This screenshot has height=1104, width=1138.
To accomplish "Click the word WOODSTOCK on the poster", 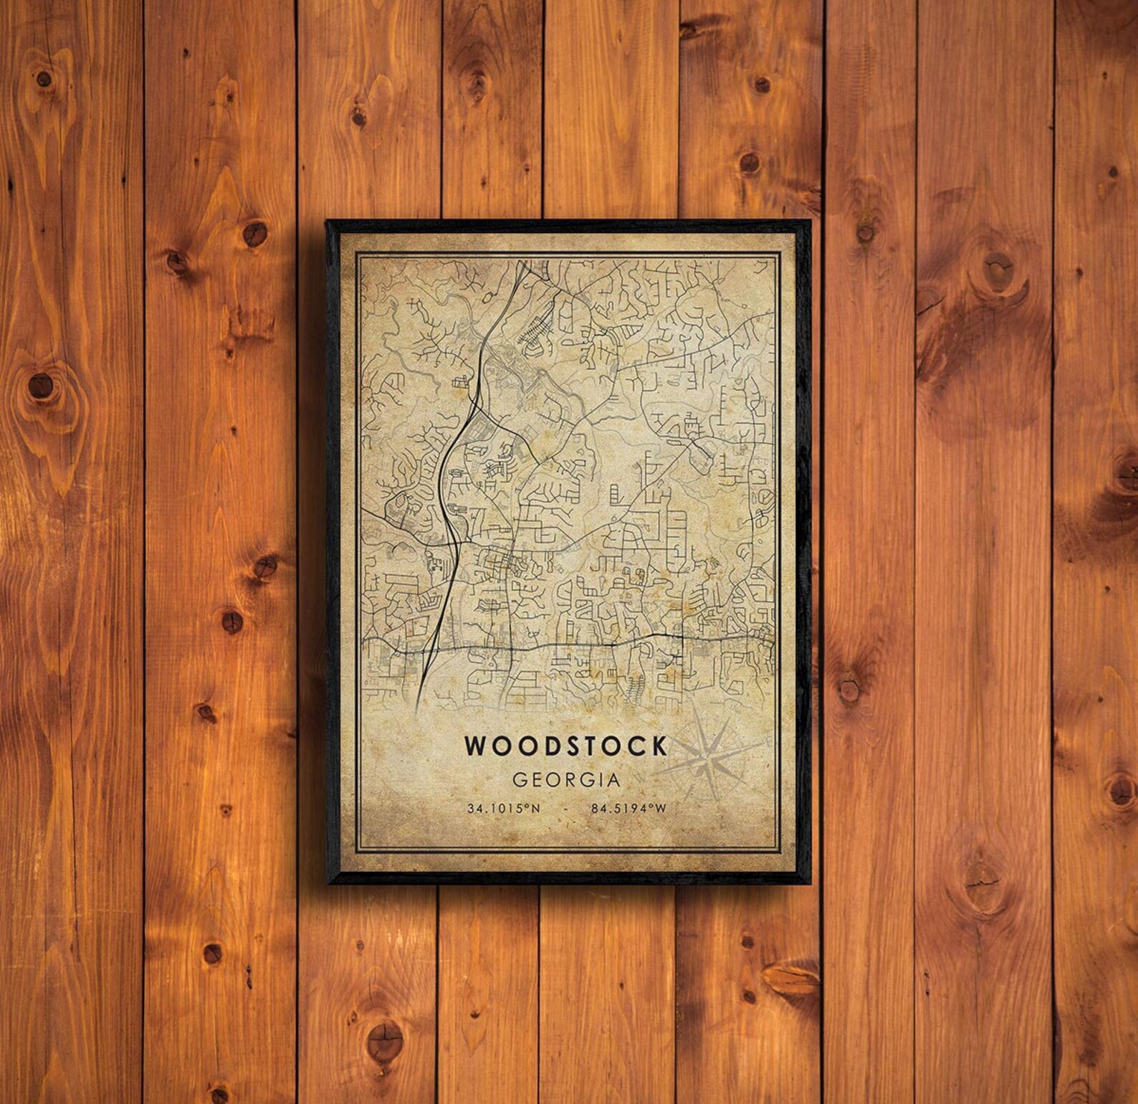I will coord(566,746).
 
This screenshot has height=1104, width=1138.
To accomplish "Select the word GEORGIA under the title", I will coord(566,779).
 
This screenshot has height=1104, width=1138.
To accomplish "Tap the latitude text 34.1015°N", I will coord(504,809).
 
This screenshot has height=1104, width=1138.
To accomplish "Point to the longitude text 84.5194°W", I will coord(628,809).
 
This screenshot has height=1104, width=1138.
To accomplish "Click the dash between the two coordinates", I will coord(566,809).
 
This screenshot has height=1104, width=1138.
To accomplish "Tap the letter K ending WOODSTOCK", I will coord(659,746).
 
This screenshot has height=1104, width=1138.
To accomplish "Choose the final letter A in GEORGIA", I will coord(613,779).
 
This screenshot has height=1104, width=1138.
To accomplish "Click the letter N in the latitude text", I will coord(536,809).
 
